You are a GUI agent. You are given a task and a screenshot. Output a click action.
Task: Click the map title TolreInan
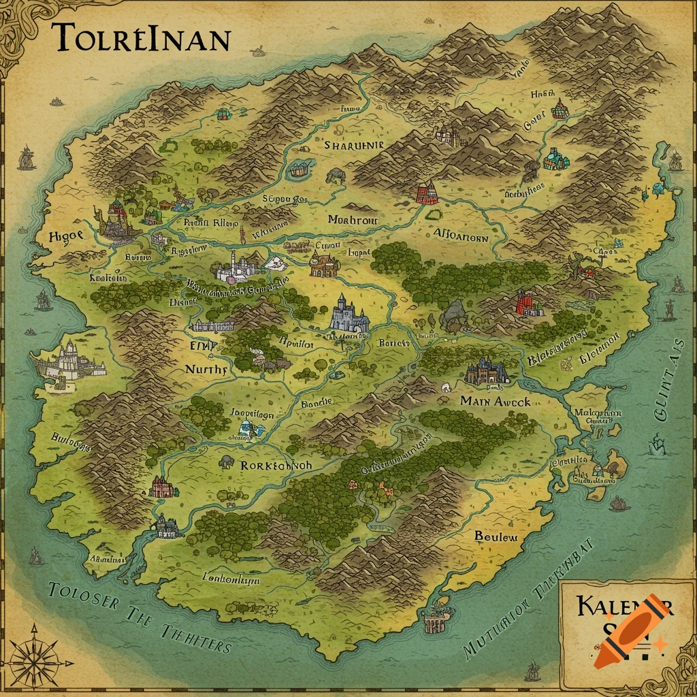click(140, 38)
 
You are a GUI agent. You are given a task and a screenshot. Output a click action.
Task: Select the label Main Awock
click(495, 401)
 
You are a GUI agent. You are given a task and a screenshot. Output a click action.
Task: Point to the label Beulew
click(496, 536)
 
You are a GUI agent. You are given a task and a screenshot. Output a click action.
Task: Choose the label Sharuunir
click(354, 145)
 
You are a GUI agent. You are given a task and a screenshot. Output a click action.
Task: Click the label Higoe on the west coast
click(66, 236)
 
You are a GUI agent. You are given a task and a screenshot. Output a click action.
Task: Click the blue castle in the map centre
click(349, 314)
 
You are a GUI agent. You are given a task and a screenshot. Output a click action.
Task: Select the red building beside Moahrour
click(427, 193)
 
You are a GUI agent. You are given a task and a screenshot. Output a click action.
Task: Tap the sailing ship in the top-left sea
click(27, 157)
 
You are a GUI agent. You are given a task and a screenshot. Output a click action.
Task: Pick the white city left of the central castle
click(235, 267)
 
